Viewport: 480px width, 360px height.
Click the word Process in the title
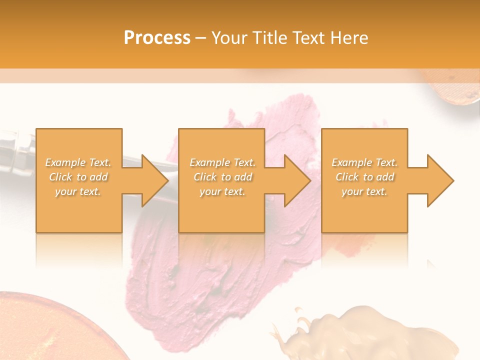click(x=157, y=38)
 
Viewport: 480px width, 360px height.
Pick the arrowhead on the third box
click(x=440, y=180)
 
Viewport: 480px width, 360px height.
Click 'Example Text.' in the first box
click(x=78, y=162)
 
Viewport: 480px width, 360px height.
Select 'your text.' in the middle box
click(x=222, y=191)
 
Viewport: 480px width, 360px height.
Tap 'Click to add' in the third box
click(x=364, y=177)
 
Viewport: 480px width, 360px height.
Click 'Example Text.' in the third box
click(x=364, y=162)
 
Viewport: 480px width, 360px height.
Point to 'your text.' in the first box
click(x=78, y=191)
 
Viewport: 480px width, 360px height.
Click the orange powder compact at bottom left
click(x=50, y=330)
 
